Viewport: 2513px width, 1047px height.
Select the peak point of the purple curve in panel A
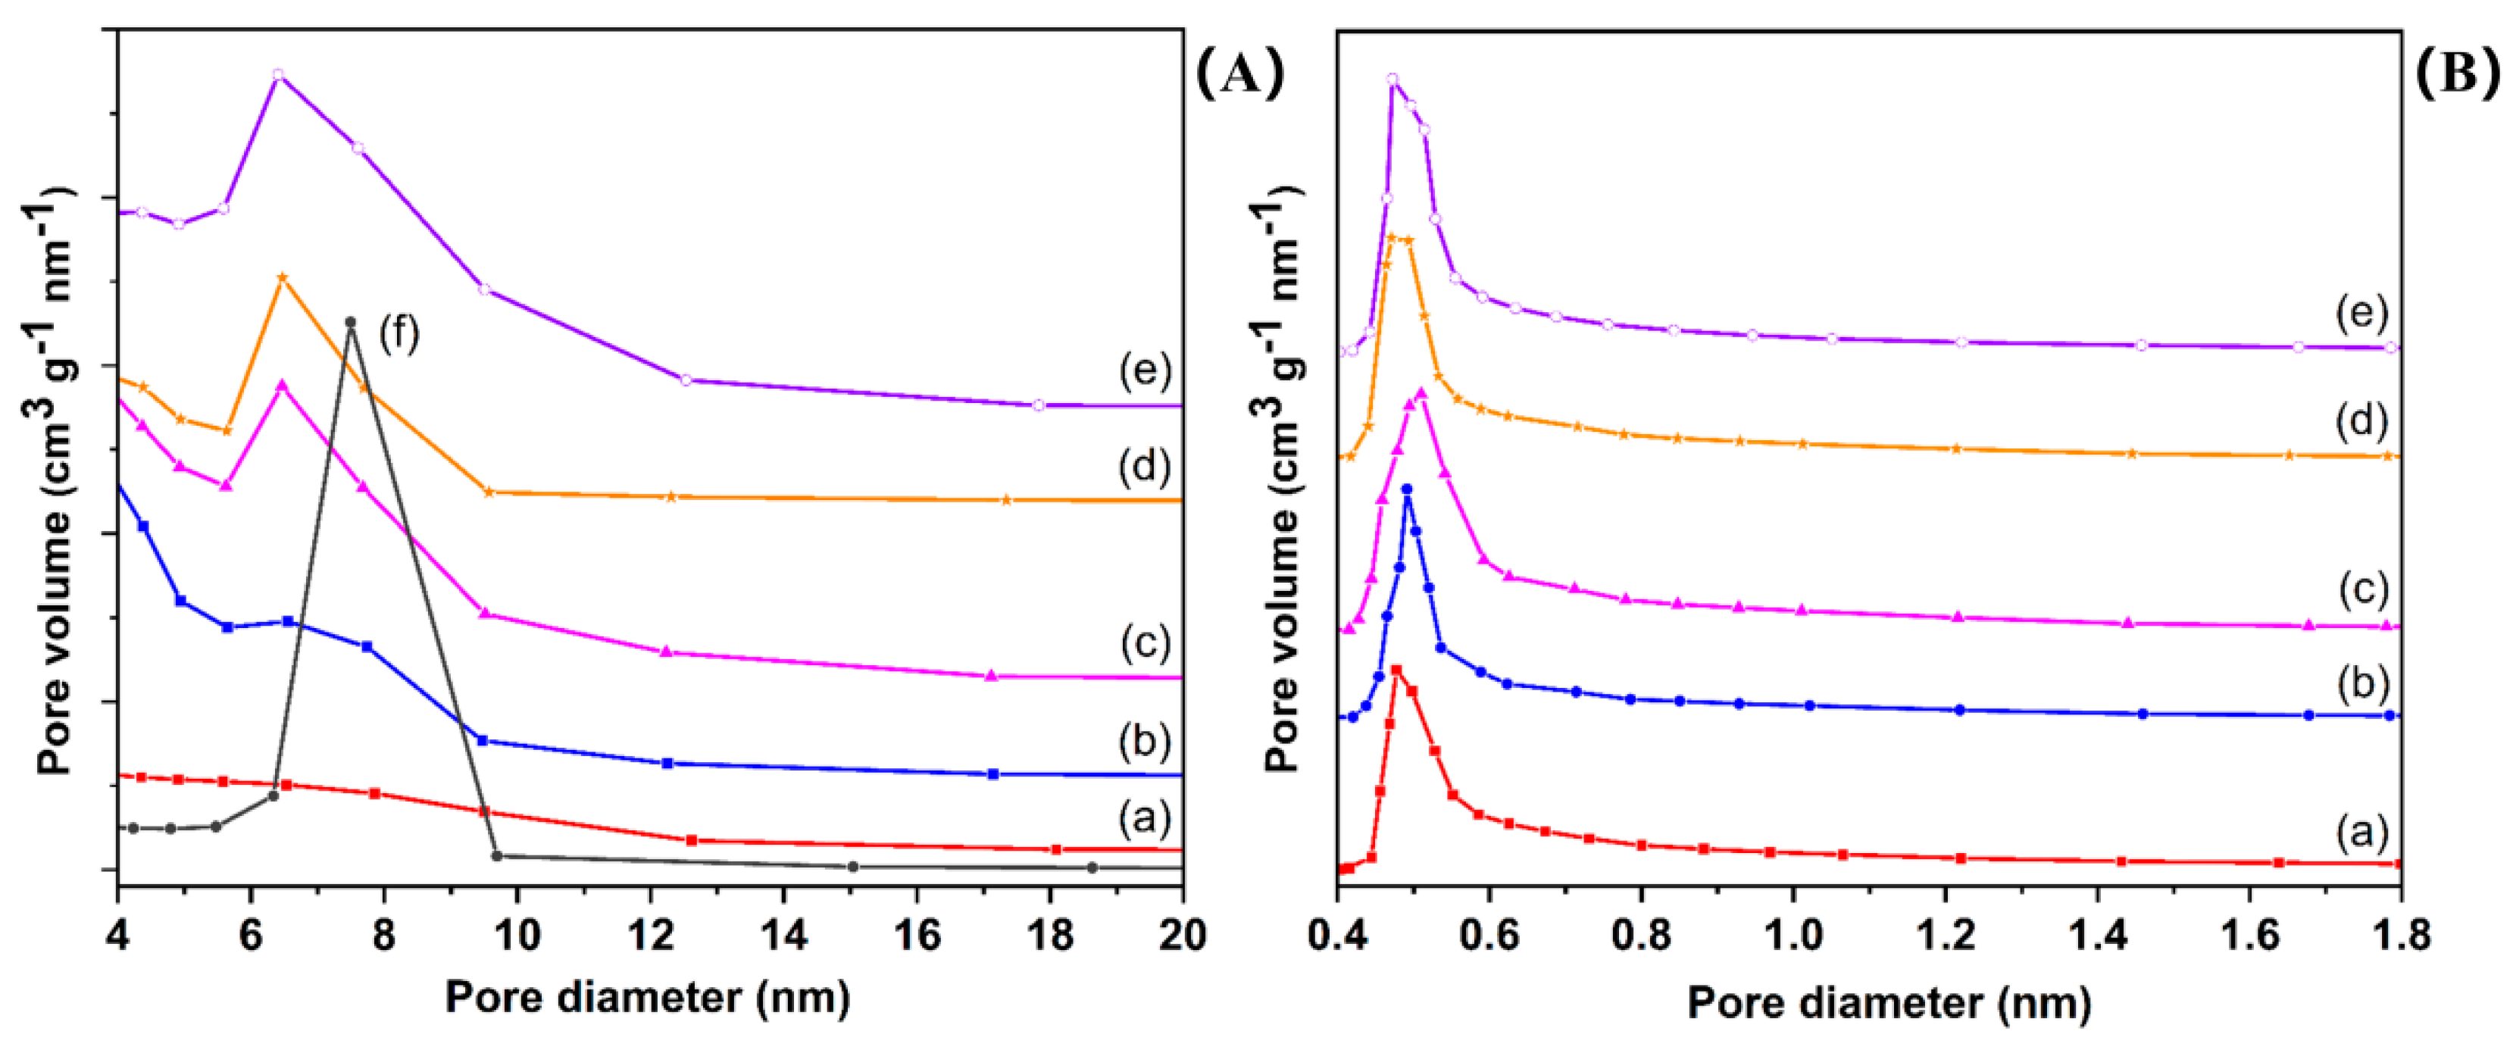point(278,75)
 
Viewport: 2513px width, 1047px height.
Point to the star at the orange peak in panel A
point(283,278)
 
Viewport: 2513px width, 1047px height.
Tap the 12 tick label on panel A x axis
point(651,936)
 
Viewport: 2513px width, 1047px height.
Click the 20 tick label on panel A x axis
point(1181,936)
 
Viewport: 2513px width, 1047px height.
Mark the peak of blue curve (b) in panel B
point(1407,489)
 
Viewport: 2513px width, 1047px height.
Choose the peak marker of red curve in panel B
point(1397,670)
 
